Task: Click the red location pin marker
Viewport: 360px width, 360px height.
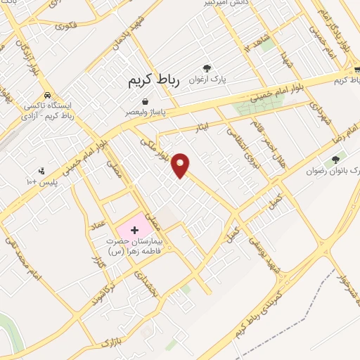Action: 181,165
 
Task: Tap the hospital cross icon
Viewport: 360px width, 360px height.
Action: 134,230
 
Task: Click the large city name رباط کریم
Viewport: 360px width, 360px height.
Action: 154,81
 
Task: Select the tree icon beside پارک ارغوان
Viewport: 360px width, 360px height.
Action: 207,68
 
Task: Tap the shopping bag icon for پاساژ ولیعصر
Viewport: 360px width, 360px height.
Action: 146,101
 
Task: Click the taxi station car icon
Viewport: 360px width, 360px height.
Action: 47,95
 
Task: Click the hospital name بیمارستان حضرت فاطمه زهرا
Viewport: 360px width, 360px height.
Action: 134,245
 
